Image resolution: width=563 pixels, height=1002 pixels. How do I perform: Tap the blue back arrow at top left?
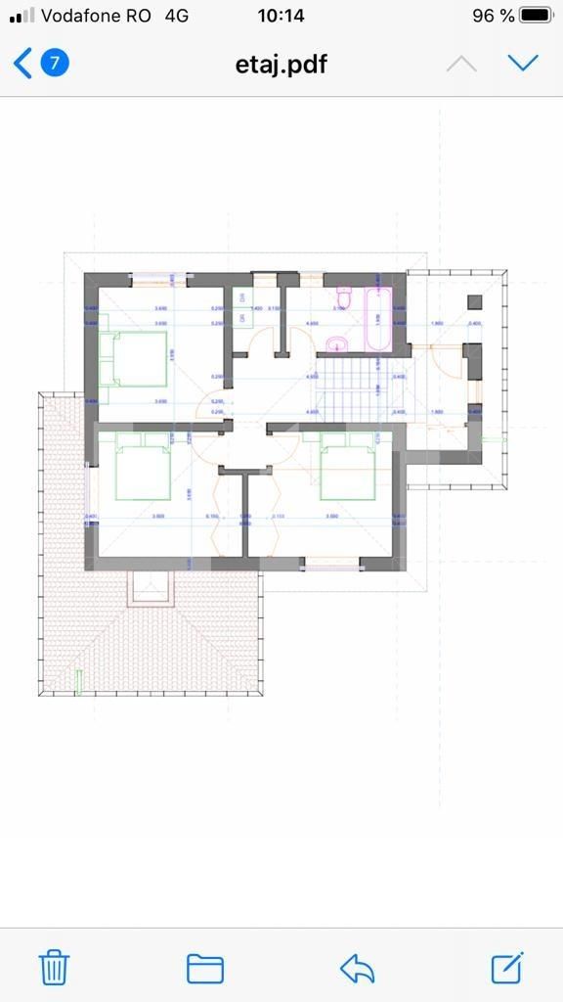point(22,64)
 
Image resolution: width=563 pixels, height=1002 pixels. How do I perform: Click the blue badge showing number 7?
point(55,64)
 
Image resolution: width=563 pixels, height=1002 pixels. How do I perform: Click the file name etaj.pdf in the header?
point(281,65)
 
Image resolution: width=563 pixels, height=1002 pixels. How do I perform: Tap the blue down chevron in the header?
point(524,64)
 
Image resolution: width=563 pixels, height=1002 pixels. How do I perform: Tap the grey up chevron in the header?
point(461,64)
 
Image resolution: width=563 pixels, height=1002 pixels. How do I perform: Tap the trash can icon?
point(54,967)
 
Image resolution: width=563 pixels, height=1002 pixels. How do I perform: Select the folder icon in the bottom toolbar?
point(205,968)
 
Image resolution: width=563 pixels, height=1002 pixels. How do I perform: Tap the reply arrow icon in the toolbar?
point(358,968)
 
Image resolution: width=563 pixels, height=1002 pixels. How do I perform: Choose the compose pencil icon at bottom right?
point(507,967)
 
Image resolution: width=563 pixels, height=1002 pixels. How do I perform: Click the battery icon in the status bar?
point(537,16)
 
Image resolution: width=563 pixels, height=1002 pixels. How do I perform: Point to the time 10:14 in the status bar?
point(281,16)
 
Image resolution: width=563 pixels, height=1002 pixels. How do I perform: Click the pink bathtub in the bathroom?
point(378,319)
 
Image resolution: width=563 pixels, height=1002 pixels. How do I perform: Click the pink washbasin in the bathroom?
point(336,342)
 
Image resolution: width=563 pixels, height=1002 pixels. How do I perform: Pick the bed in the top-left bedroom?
point(133,358)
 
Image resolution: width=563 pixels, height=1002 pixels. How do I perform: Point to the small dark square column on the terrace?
point(475,302)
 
